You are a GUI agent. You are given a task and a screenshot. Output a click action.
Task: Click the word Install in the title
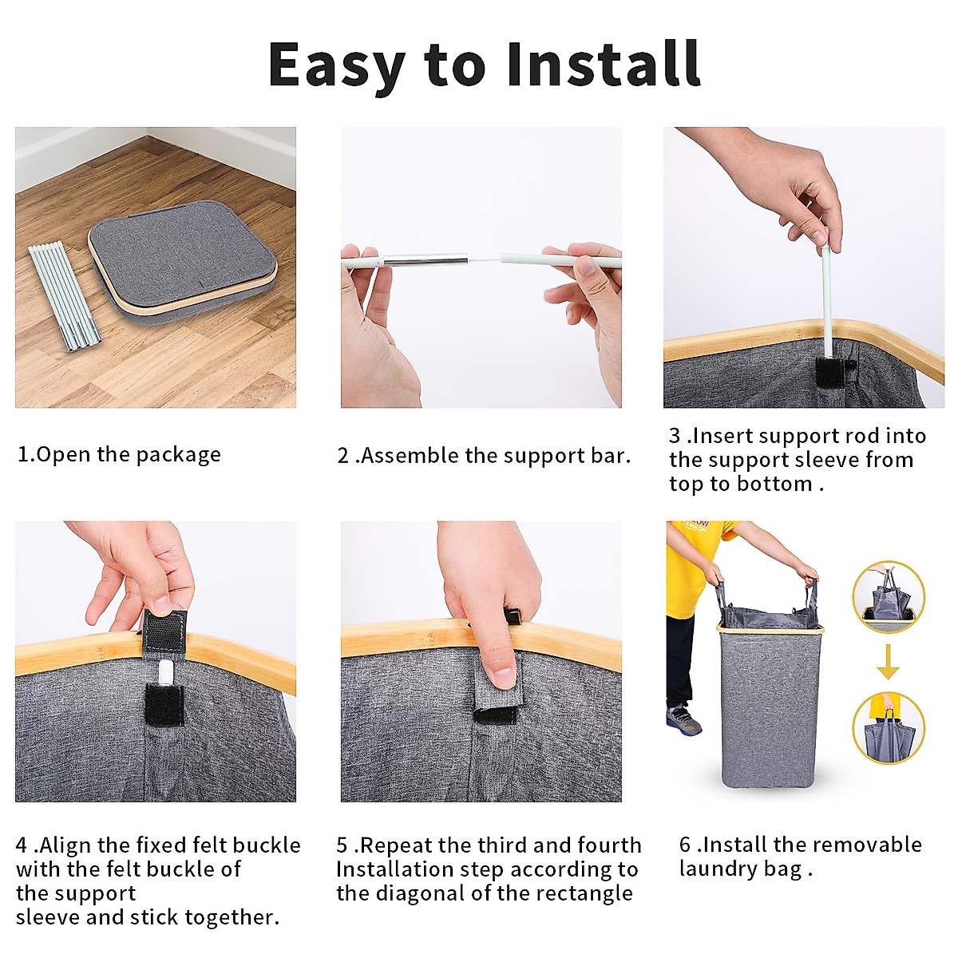(x=604, y=65)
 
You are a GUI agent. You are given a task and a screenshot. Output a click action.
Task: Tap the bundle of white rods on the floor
(x=65, y=296)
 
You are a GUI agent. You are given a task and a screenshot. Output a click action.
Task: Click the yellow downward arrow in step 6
(x=888, y=662)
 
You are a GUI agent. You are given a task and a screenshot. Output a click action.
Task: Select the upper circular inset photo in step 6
(x=889, y=597)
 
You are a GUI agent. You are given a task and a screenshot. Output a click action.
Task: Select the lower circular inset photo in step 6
(x=889, y=728)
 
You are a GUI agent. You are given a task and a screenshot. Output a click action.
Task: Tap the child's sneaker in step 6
(x=683, y=721)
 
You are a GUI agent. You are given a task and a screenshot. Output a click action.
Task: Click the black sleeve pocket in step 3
(x=830, y=372)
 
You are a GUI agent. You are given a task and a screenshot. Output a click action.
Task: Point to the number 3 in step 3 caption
(x=675, y=436)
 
